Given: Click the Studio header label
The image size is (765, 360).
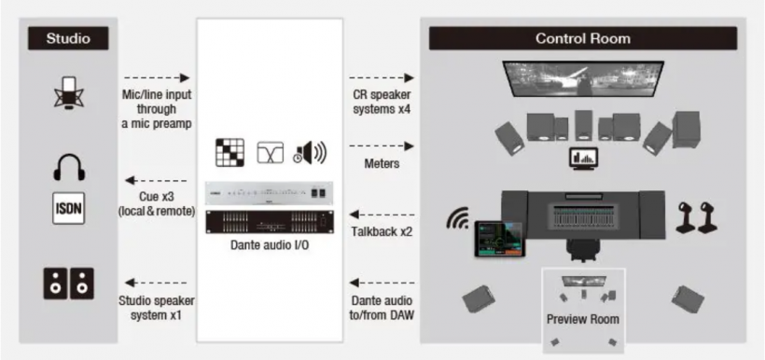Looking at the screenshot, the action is coord(68,38).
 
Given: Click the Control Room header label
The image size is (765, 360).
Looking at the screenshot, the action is coord(582,38).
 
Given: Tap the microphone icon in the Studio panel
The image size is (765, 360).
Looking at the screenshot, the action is coord(68,91).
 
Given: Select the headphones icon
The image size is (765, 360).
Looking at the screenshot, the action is coord(69,167).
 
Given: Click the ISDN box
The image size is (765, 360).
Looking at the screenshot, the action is coord(69,208).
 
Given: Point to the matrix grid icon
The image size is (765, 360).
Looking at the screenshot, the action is coord(229,153).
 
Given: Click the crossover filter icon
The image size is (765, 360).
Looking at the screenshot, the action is coord(271,153).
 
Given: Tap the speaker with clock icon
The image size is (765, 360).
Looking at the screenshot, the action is coord(310,153).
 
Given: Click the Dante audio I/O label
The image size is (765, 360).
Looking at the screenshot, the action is coord(270,244).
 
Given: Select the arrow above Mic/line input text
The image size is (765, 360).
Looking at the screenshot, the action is coord(156,77).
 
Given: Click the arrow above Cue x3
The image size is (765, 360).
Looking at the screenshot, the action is coord(156,180).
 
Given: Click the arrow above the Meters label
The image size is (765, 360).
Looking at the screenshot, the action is coord(382,145).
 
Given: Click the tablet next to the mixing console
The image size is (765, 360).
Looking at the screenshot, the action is coord(497,239).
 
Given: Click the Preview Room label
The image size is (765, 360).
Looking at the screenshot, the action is coord(582,320).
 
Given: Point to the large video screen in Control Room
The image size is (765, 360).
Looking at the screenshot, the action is coord(583,78).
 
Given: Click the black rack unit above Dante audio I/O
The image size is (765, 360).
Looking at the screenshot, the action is coord(270,223).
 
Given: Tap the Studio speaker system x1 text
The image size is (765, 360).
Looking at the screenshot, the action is coord(156,308).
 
